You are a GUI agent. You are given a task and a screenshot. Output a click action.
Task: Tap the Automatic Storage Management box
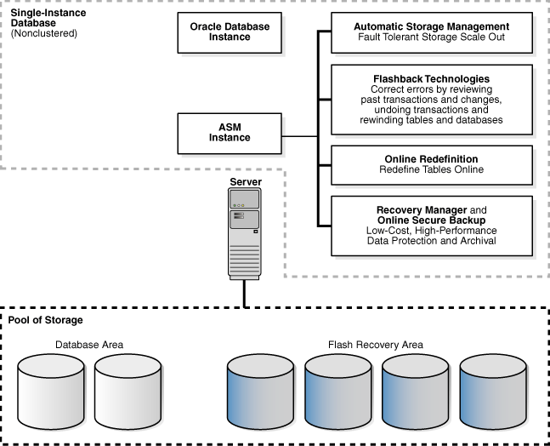click(431, 32)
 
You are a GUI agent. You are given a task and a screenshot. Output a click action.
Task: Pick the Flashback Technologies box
click(431, 100)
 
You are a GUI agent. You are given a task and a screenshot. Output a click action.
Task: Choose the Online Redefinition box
click(431, 164)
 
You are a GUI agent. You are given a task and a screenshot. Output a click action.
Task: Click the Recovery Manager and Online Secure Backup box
click(431, 225)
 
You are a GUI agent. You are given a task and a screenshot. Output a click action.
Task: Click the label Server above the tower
click(245, 182)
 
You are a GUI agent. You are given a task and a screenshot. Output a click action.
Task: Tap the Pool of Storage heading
click(46, 320)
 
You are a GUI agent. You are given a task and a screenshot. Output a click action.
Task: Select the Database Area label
click(89, 345)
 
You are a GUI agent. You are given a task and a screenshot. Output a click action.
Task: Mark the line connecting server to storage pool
click(245, 293)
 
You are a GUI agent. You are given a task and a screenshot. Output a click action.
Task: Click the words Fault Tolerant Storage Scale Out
click(431, 39)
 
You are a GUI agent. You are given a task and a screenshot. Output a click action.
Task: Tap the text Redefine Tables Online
click(431, 170)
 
